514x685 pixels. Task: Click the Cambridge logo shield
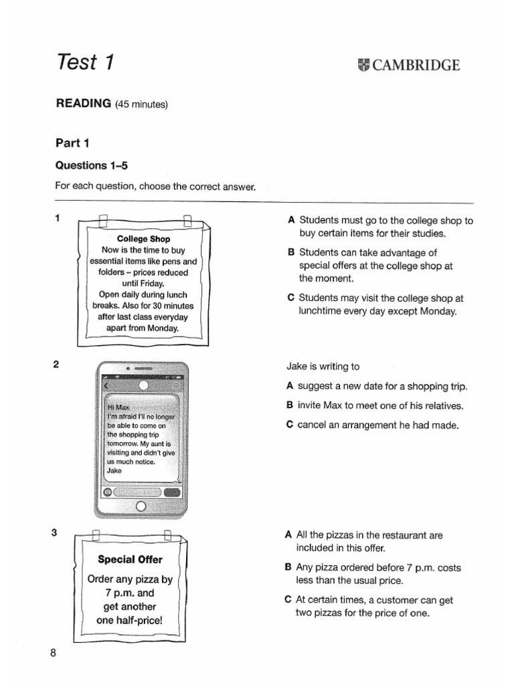(363, 65)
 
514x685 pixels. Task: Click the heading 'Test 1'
(85, 62)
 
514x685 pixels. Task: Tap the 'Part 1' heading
(72, 142)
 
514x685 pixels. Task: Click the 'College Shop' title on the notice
(143, 239)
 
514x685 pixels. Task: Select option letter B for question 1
(290, 253)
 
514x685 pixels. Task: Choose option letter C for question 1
(290, 298)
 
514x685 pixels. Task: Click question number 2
(56, 364)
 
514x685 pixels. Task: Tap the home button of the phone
(141, 506)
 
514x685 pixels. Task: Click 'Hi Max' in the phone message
(118, 406)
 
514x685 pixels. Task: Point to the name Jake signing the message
(114, 470)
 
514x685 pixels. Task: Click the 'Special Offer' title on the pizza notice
(130, 559)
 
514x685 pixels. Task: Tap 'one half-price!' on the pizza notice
(129, 620)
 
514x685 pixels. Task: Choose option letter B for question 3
(288, 567)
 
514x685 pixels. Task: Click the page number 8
(53, 654)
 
